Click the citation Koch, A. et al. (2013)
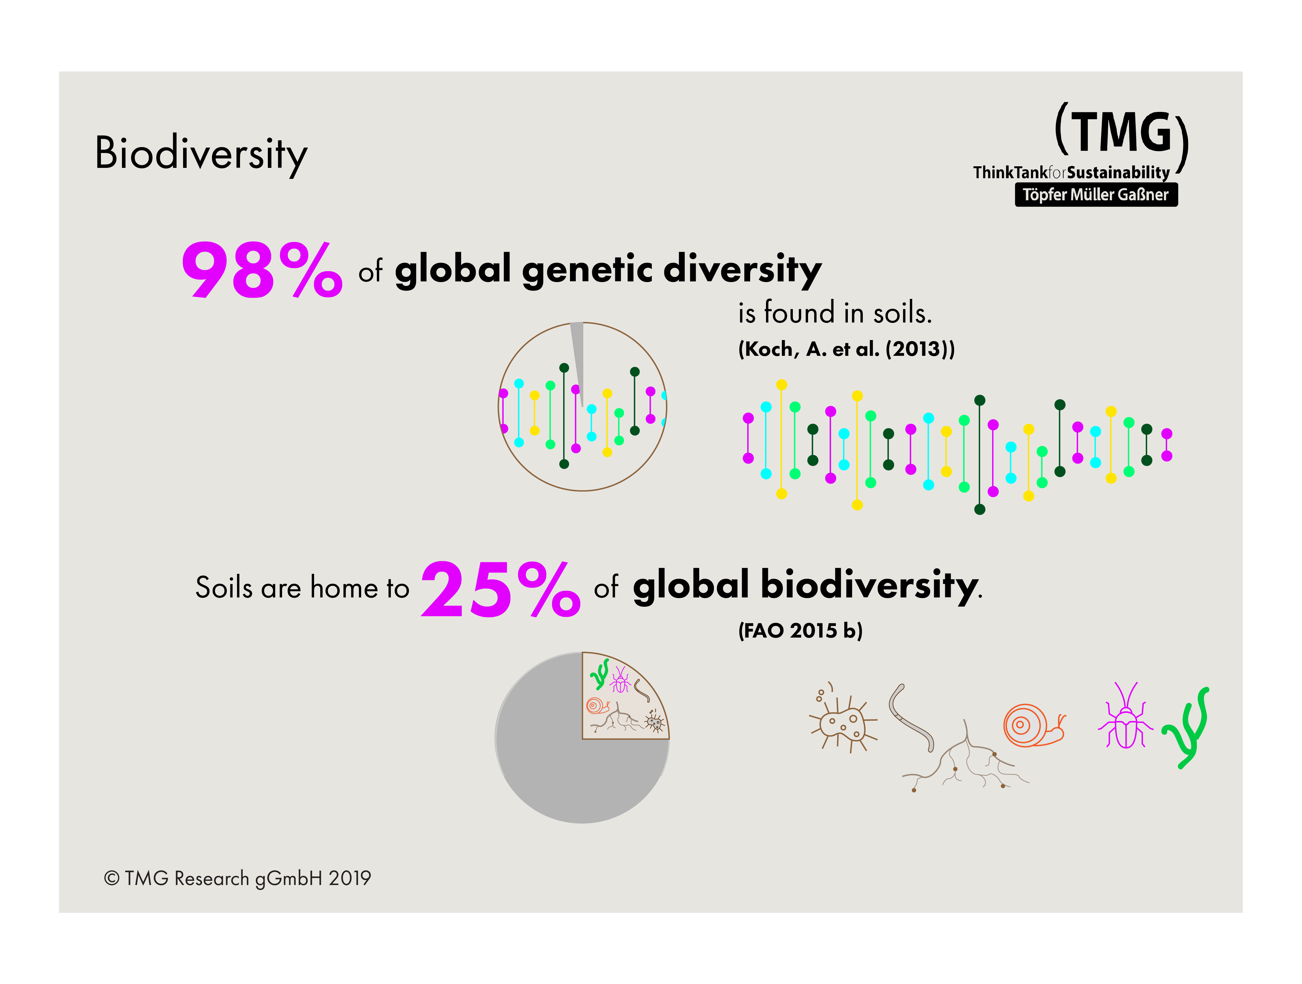pyautogui.click(x=846, y=349)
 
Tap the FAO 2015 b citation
pyautogui.click(x=800, y=630)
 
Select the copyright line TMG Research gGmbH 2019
pyautogui.click(x=237, y=878)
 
